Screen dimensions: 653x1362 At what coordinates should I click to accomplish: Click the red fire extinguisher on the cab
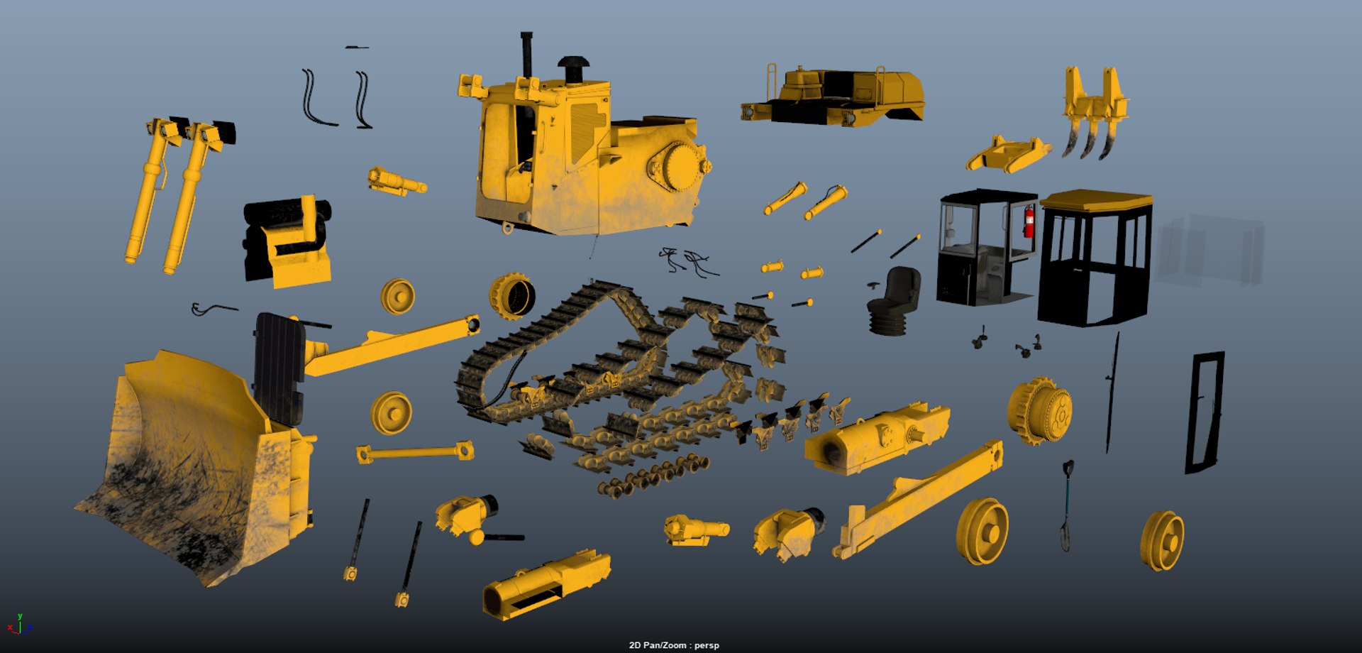[1029, 221]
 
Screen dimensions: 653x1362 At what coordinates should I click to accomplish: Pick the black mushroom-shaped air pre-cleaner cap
[573, 67]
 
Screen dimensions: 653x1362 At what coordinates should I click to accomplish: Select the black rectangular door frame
[1204, 412]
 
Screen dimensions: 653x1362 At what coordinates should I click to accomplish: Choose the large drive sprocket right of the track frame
[1039, 410]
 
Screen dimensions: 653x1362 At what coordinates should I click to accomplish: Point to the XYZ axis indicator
[20, 625]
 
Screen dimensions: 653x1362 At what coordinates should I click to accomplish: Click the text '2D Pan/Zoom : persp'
[674, 645]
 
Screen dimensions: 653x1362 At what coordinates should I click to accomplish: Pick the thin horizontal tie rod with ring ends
[415, 452]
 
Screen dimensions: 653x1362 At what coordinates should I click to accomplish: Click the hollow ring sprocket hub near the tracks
[512, 297]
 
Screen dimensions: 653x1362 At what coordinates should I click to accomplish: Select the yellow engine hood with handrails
[834, 96]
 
